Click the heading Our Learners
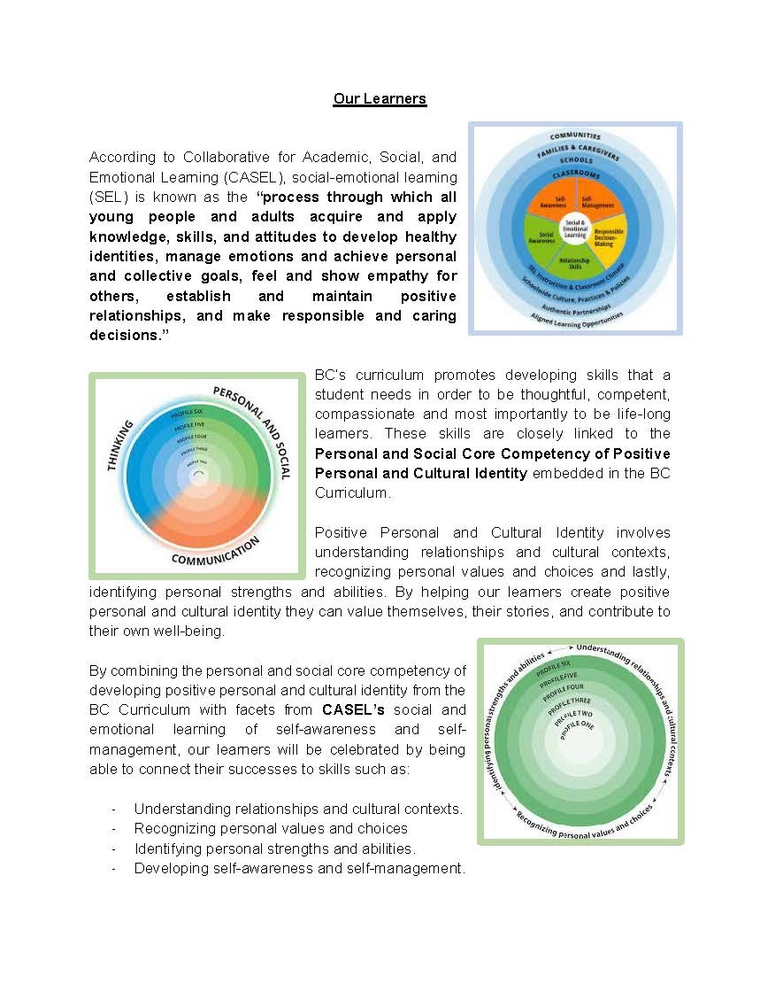(380, 98)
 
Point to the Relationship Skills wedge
(575, 261)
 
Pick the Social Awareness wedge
(542, 235)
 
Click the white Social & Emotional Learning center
(575, 228)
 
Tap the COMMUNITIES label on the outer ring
(575, 136)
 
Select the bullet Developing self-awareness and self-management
(299, 869)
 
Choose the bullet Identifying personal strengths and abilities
(274, 848)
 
